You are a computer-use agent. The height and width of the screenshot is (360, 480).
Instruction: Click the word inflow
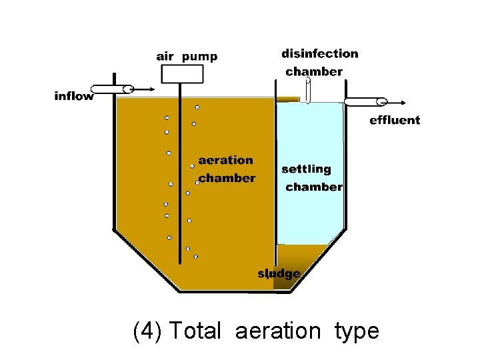click(x=74, y=96)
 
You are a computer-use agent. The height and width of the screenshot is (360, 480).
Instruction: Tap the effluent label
click(x=395, y=120)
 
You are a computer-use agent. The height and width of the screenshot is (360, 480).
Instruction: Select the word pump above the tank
click(x=199, y=57)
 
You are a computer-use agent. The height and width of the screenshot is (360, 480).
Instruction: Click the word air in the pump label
click(x=165, y=57)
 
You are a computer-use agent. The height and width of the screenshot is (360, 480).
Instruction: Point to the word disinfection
click(x=319, y=53)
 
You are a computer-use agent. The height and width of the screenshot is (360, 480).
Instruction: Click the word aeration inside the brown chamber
click(x=225, y=160)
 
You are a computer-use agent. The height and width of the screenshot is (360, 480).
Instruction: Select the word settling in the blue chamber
click(x=306, y=169)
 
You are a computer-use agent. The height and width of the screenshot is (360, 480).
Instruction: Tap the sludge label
click(x=279, y=273)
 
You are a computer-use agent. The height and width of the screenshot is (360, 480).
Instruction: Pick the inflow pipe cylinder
click(x=112, y=89)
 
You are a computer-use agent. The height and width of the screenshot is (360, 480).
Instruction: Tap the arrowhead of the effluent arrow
click(x=405, y=102)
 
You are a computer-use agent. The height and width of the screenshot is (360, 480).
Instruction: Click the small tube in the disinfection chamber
click(x=308, y=89)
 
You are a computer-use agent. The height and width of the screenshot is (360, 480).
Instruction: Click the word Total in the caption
click(x=195, y=331)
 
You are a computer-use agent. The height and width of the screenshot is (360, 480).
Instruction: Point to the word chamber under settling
click(x=314, y=187)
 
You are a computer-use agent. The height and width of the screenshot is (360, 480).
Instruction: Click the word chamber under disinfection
click(x=314, y=71)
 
